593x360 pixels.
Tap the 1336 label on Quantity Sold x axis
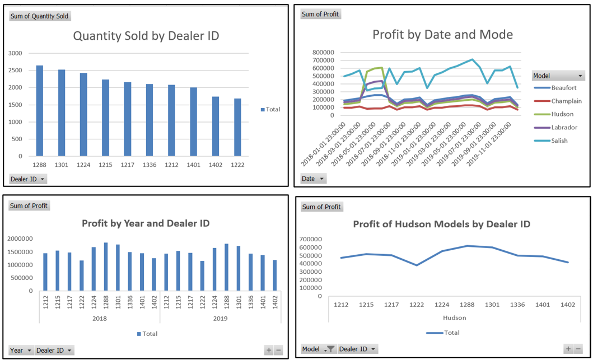tap(150, 165)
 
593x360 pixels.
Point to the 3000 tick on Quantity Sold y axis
tap(15, 53)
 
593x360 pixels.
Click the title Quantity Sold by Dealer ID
tap(146, 36)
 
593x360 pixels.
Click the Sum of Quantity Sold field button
tap(40, 16)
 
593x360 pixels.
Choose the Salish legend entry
tap(559, 141)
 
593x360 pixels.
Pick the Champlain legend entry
tap(566, 101)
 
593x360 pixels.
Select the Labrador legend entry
tap(563, 127)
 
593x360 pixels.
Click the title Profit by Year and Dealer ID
tap(146, 223)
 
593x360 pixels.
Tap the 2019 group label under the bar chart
tap(220, 318)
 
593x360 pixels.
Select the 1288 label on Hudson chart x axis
tap(468, 305)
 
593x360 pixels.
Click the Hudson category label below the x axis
tap(455, 317)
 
